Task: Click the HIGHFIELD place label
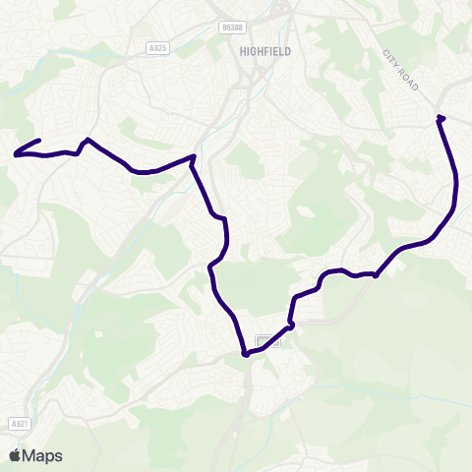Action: (265, 51)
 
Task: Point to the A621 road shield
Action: (15, 423)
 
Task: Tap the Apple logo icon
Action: (15, 455)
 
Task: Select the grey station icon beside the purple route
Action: (263, 341)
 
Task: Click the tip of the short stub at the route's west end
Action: (38, 141)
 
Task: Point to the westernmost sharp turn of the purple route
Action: (15, 153)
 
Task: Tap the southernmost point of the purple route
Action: (244, 355)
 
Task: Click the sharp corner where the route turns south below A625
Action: (194, 156)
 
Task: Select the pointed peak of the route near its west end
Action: (88, 140)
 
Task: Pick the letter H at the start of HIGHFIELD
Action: (242, 51)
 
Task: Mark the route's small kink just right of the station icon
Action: (291, 323)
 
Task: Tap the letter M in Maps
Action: (30, 455)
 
